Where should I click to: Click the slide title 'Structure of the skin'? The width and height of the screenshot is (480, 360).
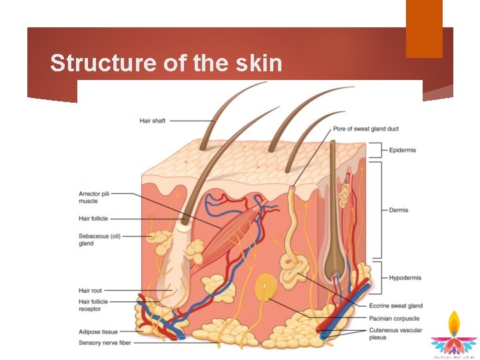(166, 63)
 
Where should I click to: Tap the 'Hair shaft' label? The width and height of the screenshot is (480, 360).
(153, 121)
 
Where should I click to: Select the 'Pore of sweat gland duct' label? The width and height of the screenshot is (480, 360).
(366, 129)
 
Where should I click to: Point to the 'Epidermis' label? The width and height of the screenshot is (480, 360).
(403, 150)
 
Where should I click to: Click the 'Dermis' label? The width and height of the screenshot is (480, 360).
(399, 210)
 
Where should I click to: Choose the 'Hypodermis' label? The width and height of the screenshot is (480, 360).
(405, 278)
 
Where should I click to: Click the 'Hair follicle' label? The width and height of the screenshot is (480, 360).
(93, 219)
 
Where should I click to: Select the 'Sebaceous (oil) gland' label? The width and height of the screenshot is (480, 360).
(99, 239)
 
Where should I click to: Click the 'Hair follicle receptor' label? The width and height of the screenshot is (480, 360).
(93, 305)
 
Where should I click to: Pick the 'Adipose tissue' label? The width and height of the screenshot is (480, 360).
(98, 331)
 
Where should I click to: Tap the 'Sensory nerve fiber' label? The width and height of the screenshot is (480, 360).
(104, 342)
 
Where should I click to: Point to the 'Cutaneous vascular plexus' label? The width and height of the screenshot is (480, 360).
(395, 333)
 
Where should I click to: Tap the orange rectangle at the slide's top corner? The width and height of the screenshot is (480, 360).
(424, 29)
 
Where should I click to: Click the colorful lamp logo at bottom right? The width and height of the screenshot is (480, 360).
(453, 333)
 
